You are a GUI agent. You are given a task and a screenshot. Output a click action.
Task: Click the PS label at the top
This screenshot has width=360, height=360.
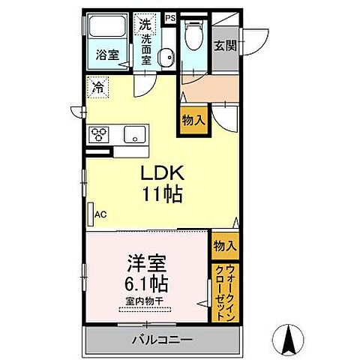click(169, 16)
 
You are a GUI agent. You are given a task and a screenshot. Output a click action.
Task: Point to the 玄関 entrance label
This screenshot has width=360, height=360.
click(224, 45)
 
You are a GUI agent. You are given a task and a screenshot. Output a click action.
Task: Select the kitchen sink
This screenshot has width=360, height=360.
click(134, 136)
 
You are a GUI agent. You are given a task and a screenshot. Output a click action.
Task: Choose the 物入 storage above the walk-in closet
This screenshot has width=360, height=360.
click(225, 245)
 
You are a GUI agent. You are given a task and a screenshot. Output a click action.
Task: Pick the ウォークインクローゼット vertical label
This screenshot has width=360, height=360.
click(225, 293)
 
